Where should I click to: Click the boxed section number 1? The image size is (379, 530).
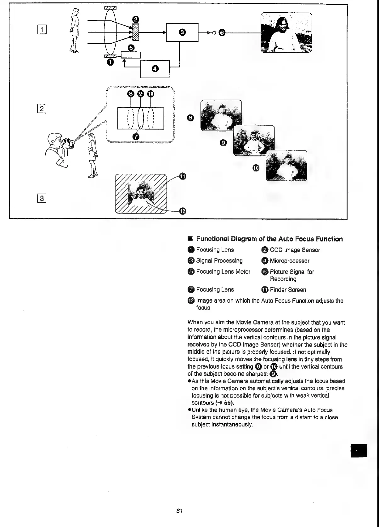42,31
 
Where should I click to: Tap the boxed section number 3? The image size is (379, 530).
42,198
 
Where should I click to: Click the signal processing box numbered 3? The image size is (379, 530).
182,32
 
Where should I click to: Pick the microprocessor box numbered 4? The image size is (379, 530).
155,69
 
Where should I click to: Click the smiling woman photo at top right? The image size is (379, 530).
286,33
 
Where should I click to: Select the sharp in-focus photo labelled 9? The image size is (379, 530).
254,140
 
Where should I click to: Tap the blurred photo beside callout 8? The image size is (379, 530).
221,115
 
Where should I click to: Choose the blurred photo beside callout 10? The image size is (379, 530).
286,166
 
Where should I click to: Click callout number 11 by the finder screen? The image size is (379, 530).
182,176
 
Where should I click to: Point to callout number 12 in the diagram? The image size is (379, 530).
182,211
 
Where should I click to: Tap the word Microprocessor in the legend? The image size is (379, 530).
289,261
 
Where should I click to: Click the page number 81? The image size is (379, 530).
179,510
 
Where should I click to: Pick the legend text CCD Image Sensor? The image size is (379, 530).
295,250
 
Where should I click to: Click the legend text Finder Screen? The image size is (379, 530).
288,290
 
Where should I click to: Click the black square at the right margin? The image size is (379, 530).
359,450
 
